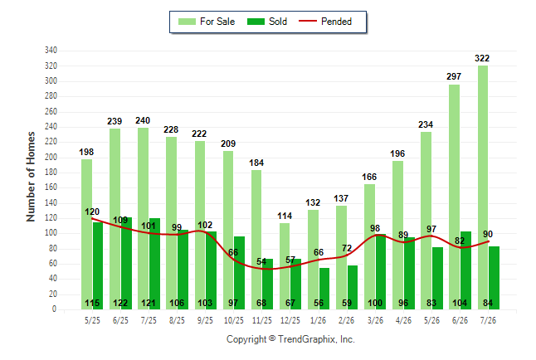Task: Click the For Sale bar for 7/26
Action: click(x=483, y=187)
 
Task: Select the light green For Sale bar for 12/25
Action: click(x=285, y=266)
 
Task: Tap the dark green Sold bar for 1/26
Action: click(x=324, y=289)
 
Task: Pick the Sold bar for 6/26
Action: click(x=465, y=270)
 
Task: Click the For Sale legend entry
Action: click(x=207, y=22)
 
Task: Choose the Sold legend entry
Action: click(x=267, y=22)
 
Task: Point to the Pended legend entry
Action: click(x=325, y=22)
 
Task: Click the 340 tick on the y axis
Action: click(x=51, y=51)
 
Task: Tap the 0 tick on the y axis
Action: click(x=54, y=309)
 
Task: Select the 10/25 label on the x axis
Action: click(x=234, y=320)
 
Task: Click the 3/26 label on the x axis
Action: click(x=375, y=320)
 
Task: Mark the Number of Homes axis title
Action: click(x=31, y=177)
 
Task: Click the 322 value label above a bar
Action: click(x=482, y=58)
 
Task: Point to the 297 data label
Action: click(x=454, y=76)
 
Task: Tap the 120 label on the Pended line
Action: click(x=92, y=212)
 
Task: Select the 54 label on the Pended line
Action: click(x=261, y=261)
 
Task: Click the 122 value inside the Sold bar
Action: click(x=120, y=303)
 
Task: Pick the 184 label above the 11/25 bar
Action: click(x=256, y=163)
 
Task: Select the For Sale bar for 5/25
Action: click(x=87, y=235)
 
